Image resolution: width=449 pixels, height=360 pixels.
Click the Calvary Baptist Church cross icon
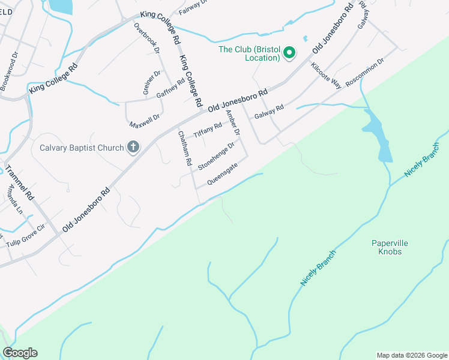tap(133, 147)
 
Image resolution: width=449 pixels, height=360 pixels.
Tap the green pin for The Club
tap(289, 53)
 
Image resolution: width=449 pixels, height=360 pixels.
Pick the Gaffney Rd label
tap(170, 91)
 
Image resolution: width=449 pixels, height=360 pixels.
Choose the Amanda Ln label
tap(14, 199)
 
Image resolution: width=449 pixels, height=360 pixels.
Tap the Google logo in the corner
tap(20, 353)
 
